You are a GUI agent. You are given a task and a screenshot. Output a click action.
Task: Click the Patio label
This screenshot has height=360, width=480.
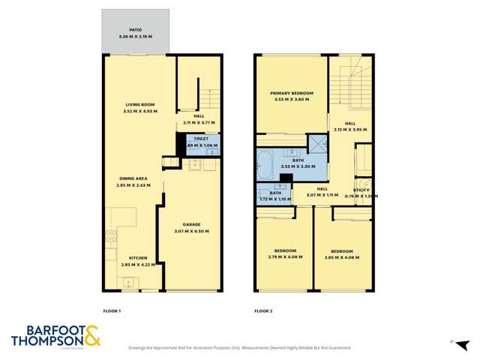tap(135, 30)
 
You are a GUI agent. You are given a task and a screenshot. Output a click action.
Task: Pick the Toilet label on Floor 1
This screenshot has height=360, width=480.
tap(201, 139)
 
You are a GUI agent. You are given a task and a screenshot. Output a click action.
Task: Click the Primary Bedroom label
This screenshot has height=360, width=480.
tap(292, 93)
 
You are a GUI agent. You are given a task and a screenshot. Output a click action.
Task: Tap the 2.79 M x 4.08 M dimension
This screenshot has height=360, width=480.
tap(285, 257)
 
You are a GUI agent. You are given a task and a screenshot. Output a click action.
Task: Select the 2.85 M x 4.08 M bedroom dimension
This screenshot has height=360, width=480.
tap(342, 257)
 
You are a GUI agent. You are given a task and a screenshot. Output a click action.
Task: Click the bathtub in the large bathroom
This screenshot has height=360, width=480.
tap(265, 163)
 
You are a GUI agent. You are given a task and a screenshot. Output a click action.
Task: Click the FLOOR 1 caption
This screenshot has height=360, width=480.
tap(112, 310)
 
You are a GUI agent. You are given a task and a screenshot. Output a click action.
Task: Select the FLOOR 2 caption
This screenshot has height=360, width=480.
tap(263, 310)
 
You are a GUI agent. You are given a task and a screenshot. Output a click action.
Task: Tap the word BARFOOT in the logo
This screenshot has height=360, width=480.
tap(45, 330)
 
